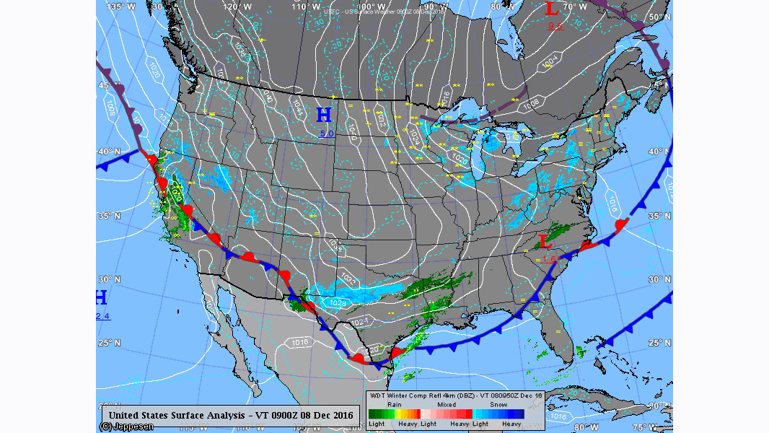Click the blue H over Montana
tap(324, 115)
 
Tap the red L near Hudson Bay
tap(552, 9)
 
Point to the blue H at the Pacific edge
tap(102, 297)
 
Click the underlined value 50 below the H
tap(327, 134)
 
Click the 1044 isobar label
tap(296, 108)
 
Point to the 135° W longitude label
tap(120, 6)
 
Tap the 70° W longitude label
tap(575, 6)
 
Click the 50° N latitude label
tap(659, 17)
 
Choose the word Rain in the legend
tap(395, 405)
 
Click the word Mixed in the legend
tap(447, 405)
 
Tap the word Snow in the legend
tap(498, 405)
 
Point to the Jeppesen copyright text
tap(126, 427)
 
